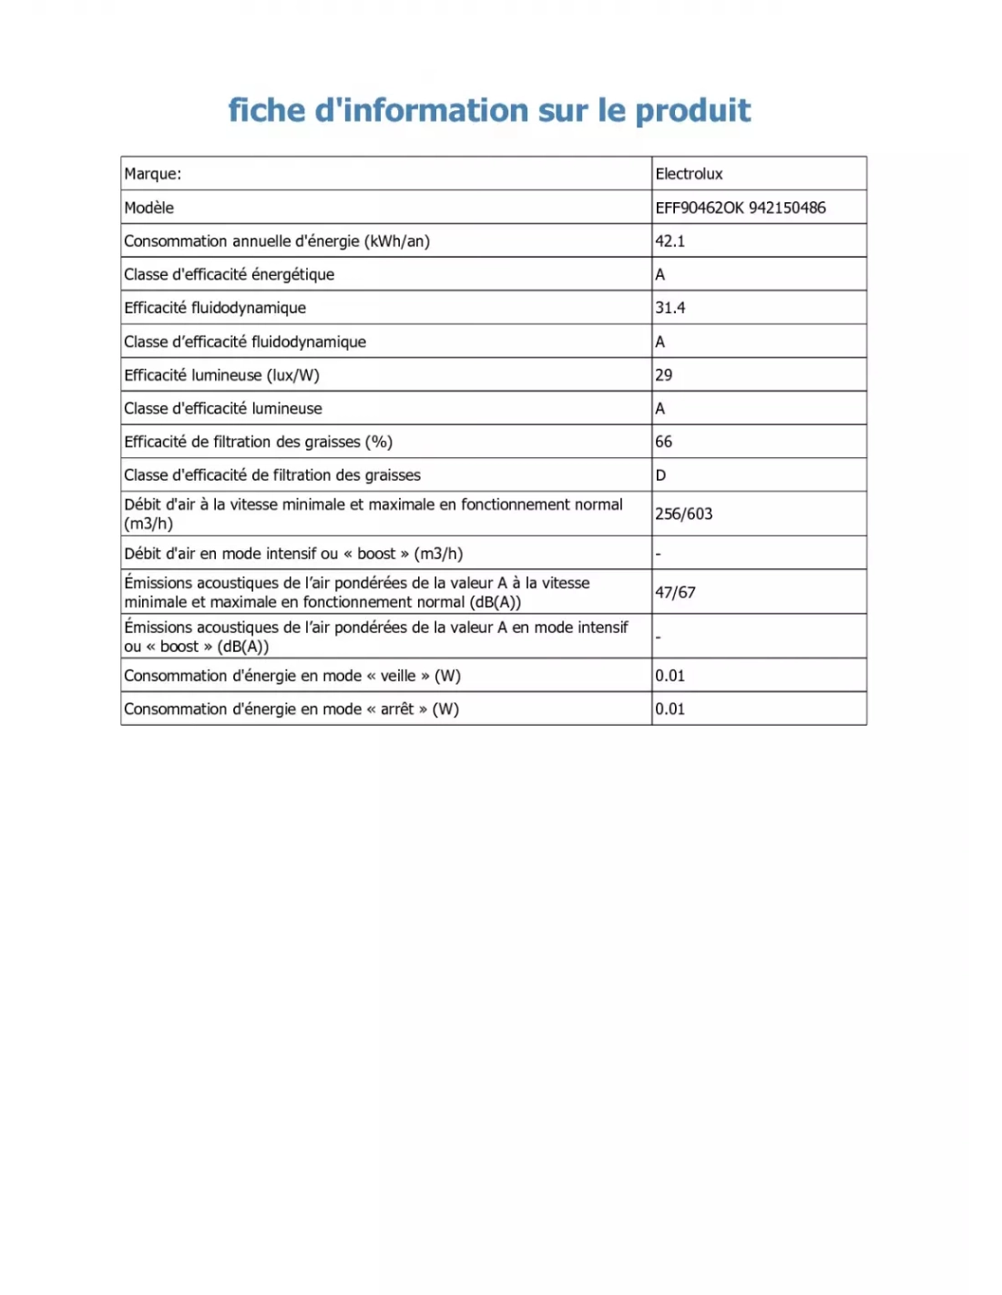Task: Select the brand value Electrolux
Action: click(689, 174)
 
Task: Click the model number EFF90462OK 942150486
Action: click(740, 208)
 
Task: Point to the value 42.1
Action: click(670, 241)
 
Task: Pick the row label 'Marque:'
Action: click(152, 174)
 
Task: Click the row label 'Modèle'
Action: click(148, 208)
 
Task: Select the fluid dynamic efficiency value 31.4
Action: click(670, 308)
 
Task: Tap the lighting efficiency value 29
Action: click(663, 375)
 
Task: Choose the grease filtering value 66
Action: click(663, 442)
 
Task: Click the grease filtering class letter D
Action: click(660, 475)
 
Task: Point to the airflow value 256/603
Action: click(683, 514)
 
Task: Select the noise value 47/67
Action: click(675, 592)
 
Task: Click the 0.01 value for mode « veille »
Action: click(670, 676)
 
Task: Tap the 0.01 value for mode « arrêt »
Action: click(670, 709)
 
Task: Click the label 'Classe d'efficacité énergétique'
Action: click(229, 274)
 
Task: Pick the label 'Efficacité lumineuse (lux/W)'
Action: click(221, 375)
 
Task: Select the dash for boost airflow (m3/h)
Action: click(659, 554)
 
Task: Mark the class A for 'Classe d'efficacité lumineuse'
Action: click(659, 409)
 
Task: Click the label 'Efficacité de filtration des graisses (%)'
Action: click(258, 442)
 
